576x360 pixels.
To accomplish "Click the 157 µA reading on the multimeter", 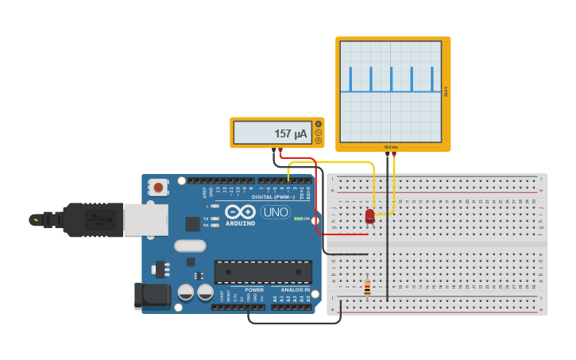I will tap(290, 134).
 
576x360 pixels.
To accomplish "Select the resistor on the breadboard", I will tap(366, 287).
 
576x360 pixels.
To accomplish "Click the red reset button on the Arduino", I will tap(159, 188).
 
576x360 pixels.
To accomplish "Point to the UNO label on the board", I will tap(276, 213).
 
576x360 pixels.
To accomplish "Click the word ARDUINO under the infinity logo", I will tap(241, 223).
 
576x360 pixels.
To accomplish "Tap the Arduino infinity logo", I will tap(241, 212).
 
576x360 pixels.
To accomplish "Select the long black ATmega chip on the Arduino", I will tap(262, 272).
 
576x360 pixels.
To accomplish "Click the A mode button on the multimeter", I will tap(319, 124).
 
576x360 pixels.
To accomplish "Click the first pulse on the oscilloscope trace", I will tap(350, 79).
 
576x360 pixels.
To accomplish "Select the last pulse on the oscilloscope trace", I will tap(431, 79).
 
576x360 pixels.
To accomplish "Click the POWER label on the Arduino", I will tap(254, 290).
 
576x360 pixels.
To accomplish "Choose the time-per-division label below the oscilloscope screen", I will tap(390, 147).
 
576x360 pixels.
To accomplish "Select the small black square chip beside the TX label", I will tap(192, 224).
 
